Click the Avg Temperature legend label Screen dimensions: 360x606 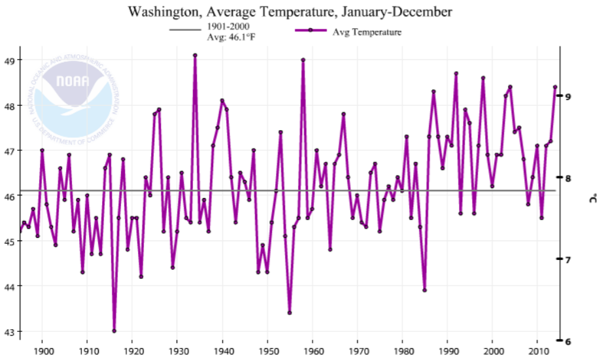(367, 31)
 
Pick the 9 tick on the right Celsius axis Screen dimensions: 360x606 (569, 96)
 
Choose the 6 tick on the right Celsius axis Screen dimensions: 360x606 (569, 340)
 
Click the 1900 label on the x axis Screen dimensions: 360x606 (42, 350)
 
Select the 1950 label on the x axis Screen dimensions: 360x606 (267, 350)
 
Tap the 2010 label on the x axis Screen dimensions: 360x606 (537, 350)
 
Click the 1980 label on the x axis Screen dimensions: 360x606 (402, 350)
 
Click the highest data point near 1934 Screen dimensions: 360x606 (195, 56)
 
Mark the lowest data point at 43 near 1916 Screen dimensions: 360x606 (114, 331)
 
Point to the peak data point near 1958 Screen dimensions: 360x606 (303, 60)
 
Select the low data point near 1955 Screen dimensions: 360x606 (290, 313)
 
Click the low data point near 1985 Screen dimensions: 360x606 (424, 290)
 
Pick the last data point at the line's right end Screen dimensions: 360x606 (555, 87)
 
